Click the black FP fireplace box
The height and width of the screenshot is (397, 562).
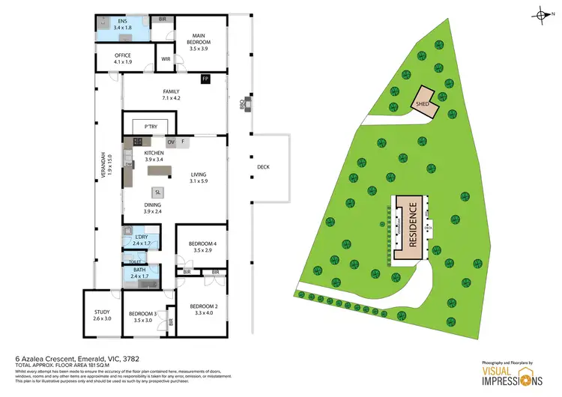click(205, 78)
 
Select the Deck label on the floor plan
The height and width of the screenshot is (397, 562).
click(262, 167)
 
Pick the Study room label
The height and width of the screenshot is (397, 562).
click(102, 315)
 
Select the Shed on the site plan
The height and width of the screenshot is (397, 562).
click(423, 105)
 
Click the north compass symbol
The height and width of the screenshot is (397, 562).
click(540, 13)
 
